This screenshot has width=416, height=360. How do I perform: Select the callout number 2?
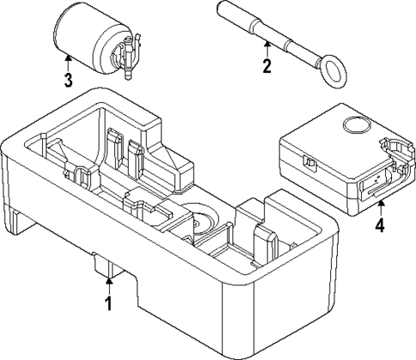click(x=267, y=65)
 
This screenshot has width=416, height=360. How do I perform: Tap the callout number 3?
click(x=67, y=81)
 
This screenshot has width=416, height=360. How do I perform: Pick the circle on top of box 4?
click(x=352, y=128)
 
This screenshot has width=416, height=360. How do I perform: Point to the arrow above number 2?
click(x=267, y=46)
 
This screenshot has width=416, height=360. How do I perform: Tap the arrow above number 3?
click(x=67, y=61)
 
